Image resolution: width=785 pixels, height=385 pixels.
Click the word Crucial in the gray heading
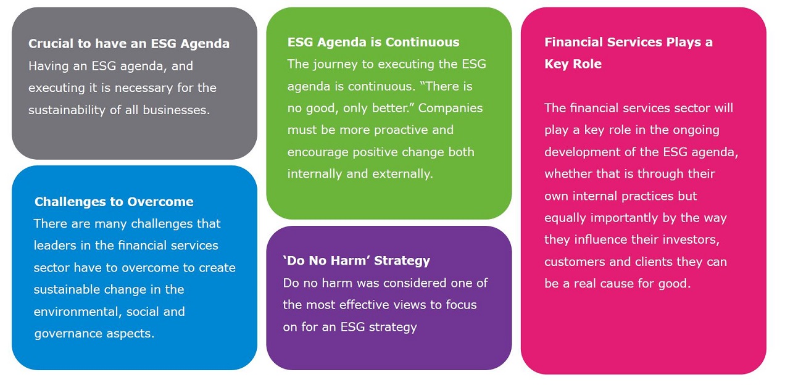click(x=51, y=43)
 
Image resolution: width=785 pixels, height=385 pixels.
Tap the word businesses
click(x=177, y=110)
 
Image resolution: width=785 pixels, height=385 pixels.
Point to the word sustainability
click(x=67, y=110)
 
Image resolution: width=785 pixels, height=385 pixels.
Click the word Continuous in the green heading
click(x=422, y=42)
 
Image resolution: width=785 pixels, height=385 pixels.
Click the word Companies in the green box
click(x=451, y=108)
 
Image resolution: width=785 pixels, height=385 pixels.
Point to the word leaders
click(x=55, y=246)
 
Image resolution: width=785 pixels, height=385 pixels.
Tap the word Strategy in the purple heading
click(x=402, y=261)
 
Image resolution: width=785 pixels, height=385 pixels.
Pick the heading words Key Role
click(x=573, y=64)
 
